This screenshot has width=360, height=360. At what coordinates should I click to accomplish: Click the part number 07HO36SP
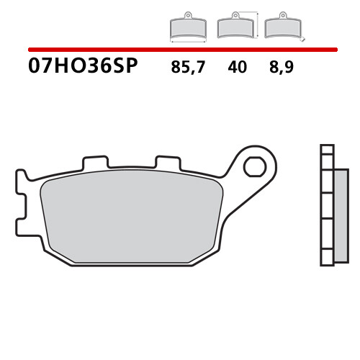[x=83, y=68]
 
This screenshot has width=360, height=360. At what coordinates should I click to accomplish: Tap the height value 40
[x=236, y=68]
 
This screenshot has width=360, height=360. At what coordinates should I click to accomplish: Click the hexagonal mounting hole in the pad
[x=253, y=167]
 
